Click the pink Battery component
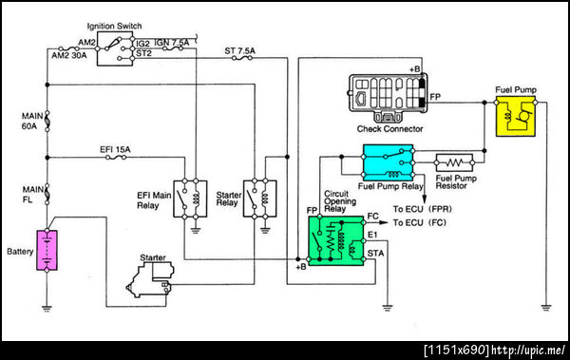click(x=47, y=250)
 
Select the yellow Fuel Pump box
click(x=516, y=117)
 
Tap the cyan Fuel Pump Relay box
click(x=389, y=162)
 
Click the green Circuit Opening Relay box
click(x=336, y=240)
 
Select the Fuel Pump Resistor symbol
click(x=454, y=162)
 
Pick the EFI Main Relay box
click(x=190, y=199)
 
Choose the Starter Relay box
click(x=260, y=199)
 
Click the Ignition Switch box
click(x=115, y=48)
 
